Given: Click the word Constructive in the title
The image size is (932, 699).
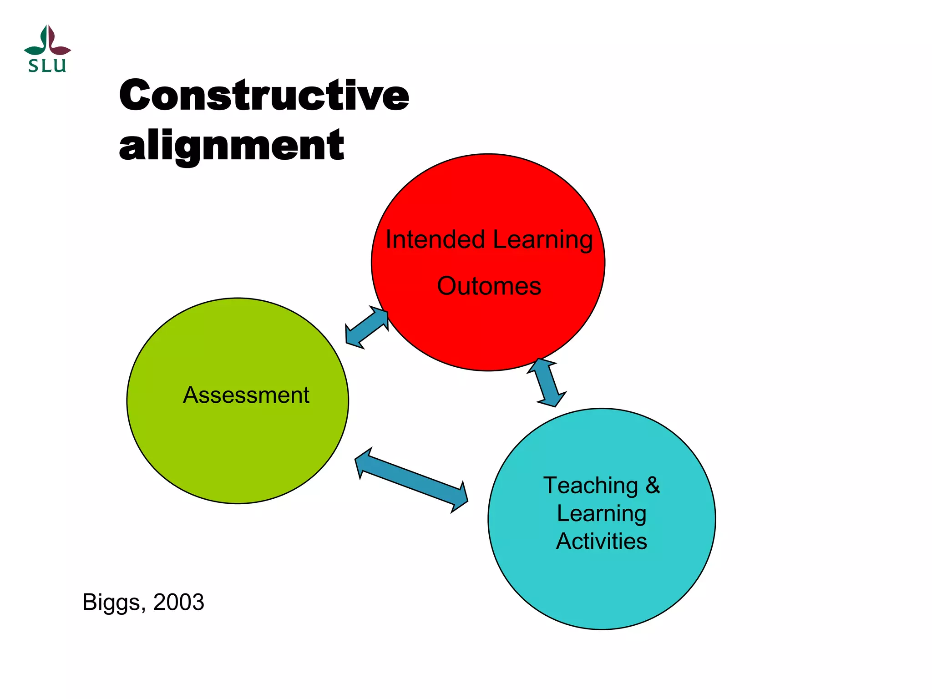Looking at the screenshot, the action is click(x=264, y=95).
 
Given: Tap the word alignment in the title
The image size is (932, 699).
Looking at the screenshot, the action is click(x=231, y=145).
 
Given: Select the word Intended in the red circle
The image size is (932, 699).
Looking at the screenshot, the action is click(x=435, y=239).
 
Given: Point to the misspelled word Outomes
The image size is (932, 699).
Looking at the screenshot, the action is click(x=489, y=286).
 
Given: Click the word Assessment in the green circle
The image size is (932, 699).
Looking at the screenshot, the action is click(x=246, y=395).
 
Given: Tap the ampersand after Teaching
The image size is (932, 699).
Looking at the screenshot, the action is click(x=653, y=485).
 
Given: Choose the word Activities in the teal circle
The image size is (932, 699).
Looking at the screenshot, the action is click(x=601, y=541).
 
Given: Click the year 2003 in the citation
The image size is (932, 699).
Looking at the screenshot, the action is click(x=178, y=602).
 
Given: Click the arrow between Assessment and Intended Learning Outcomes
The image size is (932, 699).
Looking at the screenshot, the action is click(x=367, y=328).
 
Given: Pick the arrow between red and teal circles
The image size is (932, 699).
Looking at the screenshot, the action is click(x=547, y=382).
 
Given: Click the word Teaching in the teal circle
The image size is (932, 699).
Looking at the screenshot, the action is click(x=591, y=485).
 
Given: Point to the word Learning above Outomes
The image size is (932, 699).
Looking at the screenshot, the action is click(x=542, y=239).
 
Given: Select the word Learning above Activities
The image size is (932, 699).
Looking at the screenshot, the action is click(x=601, y=513).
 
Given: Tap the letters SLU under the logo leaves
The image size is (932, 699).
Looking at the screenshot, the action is click(x=47, y=66).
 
